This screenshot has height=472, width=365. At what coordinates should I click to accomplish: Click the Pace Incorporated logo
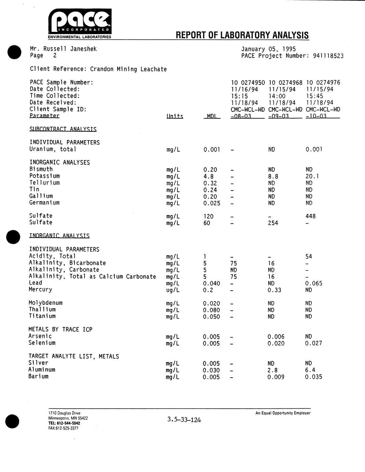(80, 23)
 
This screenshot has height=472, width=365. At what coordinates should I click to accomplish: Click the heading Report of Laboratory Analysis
(242, 35)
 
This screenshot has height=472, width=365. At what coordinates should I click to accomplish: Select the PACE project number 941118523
(328, 56)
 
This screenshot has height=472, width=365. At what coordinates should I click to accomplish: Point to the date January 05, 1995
(268, 49)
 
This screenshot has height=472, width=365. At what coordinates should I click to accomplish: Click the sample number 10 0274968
(285, 82)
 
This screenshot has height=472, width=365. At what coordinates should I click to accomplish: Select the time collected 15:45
(314, 96)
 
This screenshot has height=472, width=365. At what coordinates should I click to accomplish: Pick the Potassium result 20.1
(312, 176)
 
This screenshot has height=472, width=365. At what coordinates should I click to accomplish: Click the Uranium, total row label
(53, 149)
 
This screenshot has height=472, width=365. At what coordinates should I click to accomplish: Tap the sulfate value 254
(273, 223)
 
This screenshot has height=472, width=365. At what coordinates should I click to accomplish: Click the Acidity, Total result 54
(309, 257)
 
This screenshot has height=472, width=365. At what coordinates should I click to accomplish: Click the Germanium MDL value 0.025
(212, 203)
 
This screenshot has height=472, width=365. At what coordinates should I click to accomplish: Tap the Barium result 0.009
(276, 377)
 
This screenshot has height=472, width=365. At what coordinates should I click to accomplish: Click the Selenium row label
(42, 343)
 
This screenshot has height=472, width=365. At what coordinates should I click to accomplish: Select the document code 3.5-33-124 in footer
(184, 420)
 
